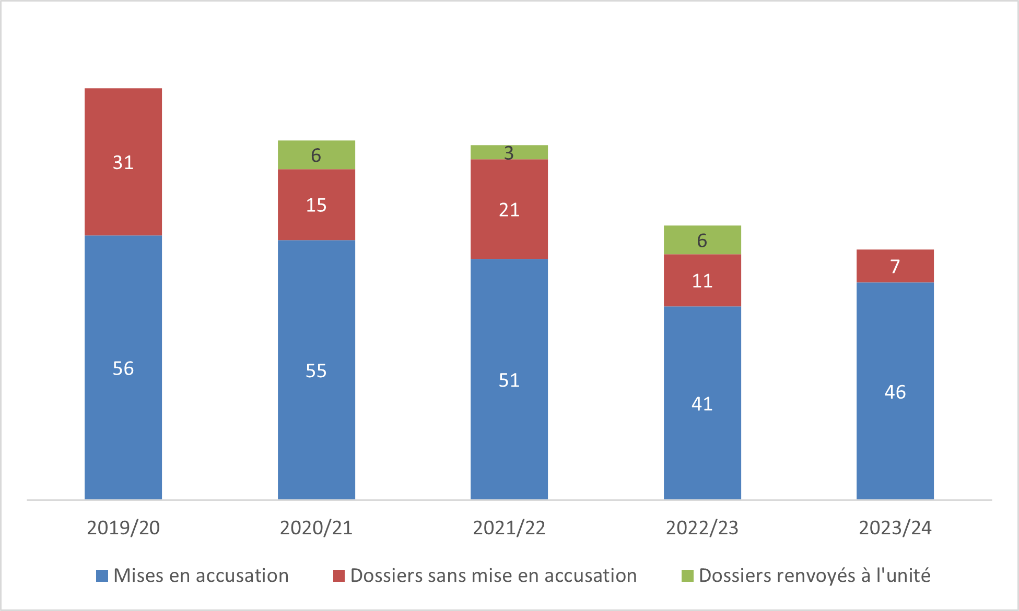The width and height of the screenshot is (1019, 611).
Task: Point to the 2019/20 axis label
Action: pyautogui.click(x=123, y=528)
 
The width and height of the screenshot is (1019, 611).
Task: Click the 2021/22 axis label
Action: pyautogui.click(x=509, y=528)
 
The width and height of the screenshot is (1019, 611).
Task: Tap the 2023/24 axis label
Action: pyautogui.click(x=895, y=528)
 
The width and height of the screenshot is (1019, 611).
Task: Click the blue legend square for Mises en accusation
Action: pyautogui.click(x=102, y=576)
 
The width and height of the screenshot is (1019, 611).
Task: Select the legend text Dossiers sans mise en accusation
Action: pyautogui.click(x=494, y=576)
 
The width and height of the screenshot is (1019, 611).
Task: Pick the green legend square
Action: pyautogui.click(x=687, y=576)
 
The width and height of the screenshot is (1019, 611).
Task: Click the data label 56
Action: pyautogui.click(x=123, y=368)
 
